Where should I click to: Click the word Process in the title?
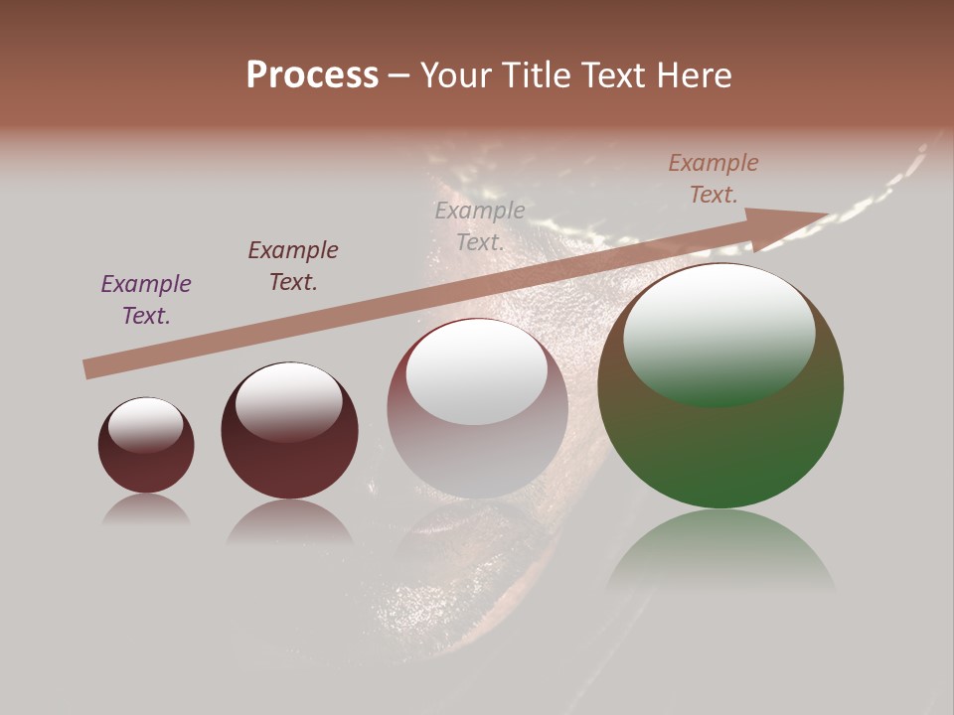(x=312, y=75)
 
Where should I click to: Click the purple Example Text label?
(x=146, y=300)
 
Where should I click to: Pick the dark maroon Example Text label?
(x=293, y=266)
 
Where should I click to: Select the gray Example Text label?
(x=480, y=225)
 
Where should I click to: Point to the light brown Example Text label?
(x=714, y=179)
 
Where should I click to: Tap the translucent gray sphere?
(x=477, y=447)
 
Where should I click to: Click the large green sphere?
(x=720, y=447)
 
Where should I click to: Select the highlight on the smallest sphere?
(x=146, y=425)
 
